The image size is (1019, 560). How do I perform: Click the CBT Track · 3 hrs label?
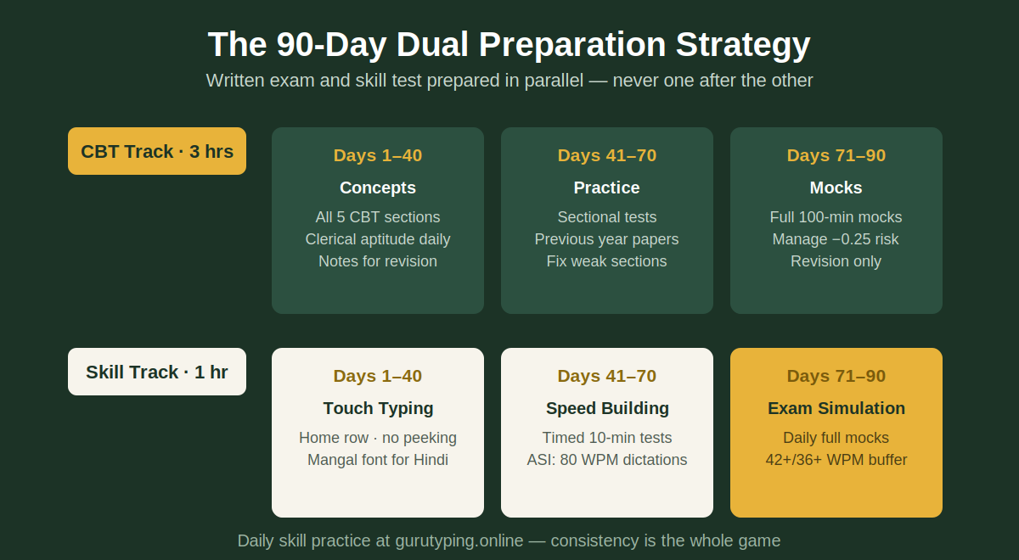157,151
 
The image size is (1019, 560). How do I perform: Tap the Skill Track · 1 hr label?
157,372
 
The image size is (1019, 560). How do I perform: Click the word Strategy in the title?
743,45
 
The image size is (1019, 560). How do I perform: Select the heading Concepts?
378,188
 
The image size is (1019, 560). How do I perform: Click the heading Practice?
607,188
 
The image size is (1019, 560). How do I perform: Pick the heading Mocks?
836,188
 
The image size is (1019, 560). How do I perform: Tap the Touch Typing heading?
378,409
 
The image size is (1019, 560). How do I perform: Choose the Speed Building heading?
607,409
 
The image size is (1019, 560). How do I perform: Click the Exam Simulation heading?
836,408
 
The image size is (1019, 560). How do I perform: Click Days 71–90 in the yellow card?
836,376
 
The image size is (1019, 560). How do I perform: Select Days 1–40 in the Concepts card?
378,155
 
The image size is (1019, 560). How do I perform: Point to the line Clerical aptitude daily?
378,239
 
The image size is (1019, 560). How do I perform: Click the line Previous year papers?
607,239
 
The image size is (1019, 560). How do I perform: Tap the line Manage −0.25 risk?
836,239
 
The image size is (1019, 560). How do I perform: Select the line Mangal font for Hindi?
378,460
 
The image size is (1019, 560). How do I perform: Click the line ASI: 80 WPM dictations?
607,460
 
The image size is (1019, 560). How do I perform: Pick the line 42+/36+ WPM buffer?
836,460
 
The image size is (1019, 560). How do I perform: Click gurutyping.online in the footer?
459,541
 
